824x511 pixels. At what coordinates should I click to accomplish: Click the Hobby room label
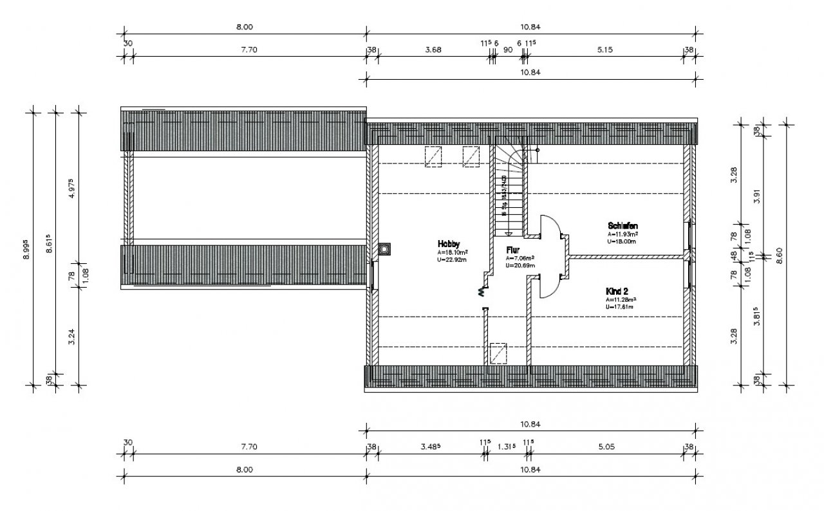[449, 244]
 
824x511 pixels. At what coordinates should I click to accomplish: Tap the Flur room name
[513, 249]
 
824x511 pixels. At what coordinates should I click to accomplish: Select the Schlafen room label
[623, 226]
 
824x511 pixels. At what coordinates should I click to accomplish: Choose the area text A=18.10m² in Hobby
[452, 253]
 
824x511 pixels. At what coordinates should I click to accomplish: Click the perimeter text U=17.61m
[619, 307]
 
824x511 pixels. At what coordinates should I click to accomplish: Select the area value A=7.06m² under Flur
[520, 257]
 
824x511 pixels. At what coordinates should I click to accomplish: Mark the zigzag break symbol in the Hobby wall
[481, 292]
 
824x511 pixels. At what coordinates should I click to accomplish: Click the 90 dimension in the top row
[507, 50]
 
